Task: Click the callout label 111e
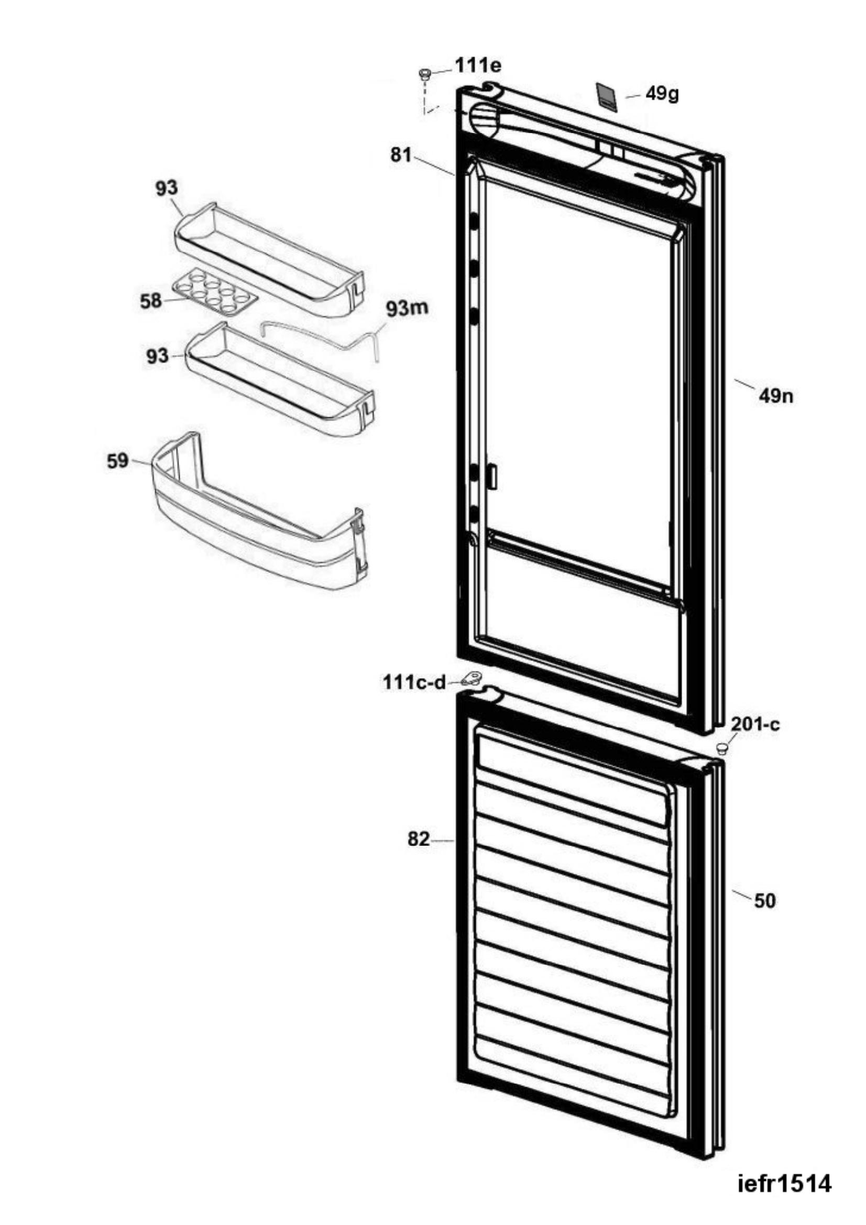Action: [478, 65]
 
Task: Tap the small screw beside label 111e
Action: [426, 74]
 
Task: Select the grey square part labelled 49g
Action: [606, 96]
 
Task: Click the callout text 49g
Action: [662, 94]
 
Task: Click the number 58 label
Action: [150, 301]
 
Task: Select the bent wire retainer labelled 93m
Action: [322, 339]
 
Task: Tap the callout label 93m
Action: [407, 310]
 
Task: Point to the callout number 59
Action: [118, 461]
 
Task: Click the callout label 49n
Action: [776, 396]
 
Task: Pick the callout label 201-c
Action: [755, 724]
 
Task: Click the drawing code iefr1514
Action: [784, 1179]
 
